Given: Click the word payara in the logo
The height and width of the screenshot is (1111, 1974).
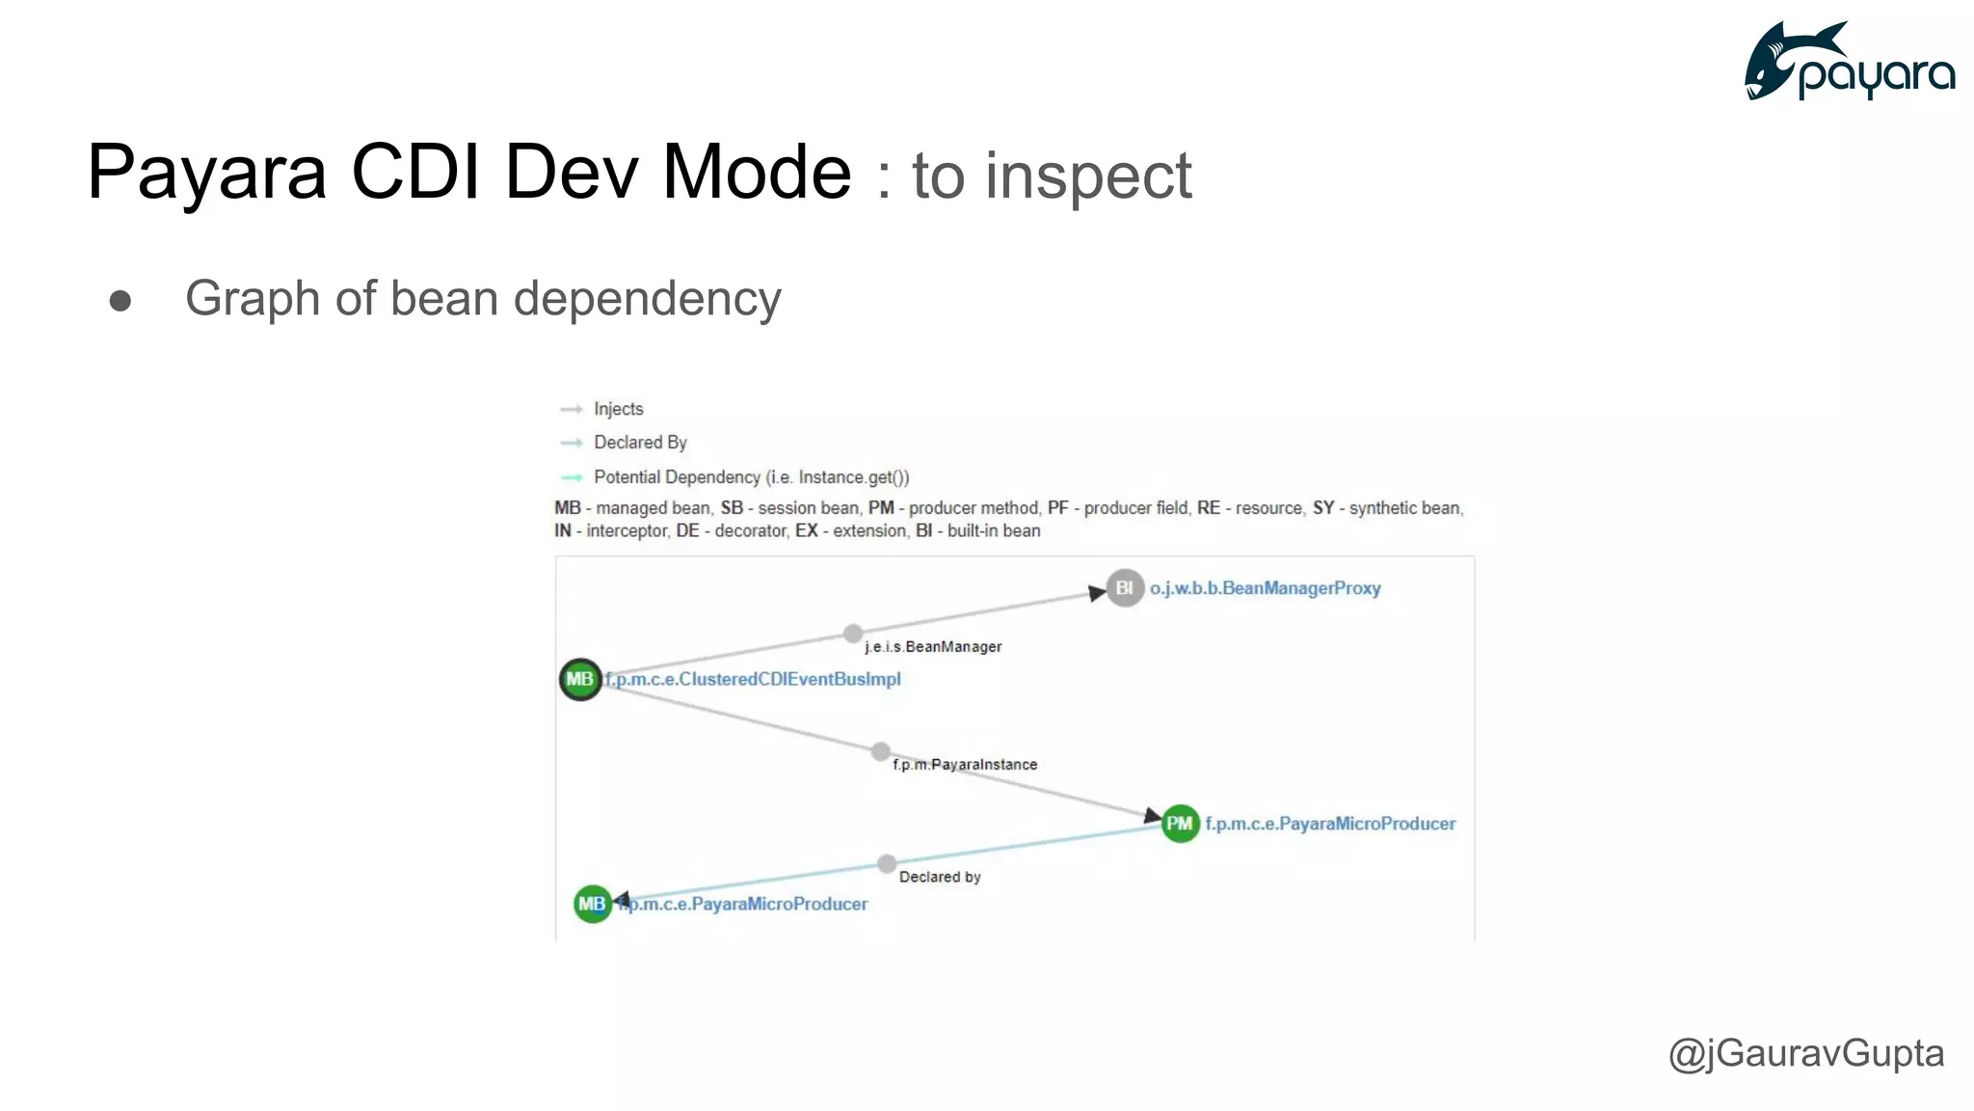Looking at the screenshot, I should (1876, 75).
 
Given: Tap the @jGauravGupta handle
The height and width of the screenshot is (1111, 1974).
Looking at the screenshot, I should (1805, 1052).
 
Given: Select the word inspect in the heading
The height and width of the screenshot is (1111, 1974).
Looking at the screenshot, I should (1088, 177).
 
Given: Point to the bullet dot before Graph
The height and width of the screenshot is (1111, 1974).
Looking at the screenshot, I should (120, 301).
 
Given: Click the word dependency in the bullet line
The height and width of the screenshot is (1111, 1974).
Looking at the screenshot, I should (647, 299).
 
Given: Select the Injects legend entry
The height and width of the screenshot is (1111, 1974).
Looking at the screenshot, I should (618, 409).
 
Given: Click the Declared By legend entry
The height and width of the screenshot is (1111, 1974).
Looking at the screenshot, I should (640, 443).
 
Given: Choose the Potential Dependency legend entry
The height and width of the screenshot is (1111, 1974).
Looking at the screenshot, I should (751, 477).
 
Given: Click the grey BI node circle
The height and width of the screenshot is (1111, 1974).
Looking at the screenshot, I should (1124, 587).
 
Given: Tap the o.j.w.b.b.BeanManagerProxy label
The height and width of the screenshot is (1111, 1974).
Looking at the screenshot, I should (1265, 588).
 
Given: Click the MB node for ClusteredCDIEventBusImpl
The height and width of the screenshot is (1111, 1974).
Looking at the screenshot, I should (580, 679).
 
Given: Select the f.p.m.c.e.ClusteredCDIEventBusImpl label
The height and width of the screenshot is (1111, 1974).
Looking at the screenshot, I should (753, 679).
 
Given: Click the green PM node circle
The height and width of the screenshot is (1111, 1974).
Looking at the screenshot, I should (1180, 823).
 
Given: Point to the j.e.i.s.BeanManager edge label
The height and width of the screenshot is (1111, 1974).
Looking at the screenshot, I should (933, 647).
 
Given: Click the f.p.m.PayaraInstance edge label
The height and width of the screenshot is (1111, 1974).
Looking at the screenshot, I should (965, 765).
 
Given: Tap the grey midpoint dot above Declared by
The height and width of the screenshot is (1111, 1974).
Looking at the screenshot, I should (887, 863).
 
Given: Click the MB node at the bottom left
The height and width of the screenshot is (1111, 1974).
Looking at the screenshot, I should (592, 904).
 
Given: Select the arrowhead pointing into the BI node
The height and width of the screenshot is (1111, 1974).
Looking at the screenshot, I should (1097, 593).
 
